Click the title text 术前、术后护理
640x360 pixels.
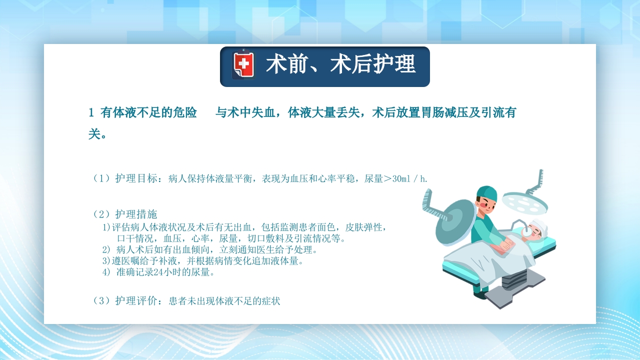340,65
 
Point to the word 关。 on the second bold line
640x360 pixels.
97,134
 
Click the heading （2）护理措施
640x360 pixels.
125,214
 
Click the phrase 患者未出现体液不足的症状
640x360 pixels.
224,301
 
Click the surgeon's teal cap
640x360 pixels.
486,193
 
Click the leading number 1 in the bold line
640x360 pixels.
91,113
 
